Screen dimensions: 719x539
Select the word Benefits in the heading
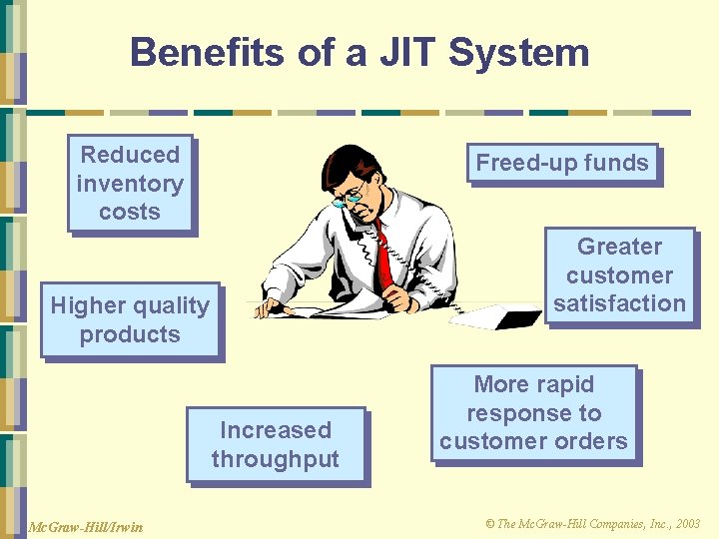tap(208, 52)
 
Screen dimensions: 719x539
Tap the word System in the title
tap(518, 55)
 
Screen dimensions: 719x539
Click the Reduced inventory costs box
tap(133, 186)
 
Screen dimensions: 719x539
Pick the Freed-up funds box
tap(565, 165)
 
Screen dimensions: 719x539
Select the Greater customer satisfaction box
tap(622, 277)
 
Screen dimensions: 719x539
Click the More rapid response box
tap(536, 415)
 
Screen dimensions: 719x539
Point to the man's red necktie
tap(384, 259)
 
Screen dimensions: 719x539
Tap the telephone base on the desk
tap(495, 316)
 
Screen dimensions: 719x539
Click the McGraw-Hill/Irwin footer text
tap(86, 527)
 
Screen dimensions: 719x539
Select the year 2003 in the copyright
tap(688, 523)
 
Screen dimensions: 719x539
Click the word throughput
tap(276, 460)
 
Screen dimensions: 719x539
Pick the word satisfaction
tap(619, 303)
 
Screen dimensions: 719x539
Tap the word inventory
tap(130, 185)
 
